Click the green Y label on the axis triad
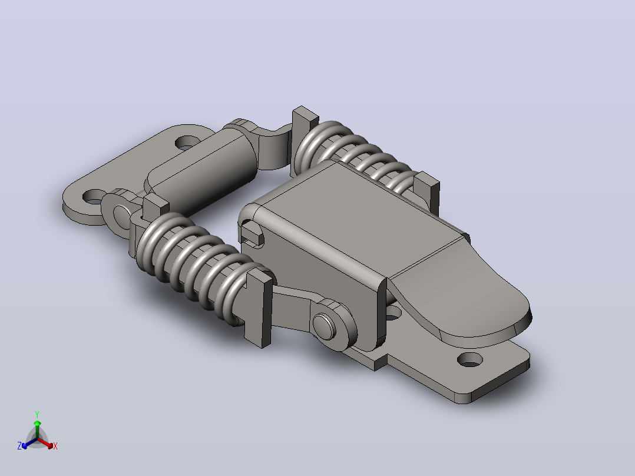(x=37, y=414)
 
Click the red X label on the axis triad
(x=55, y=446)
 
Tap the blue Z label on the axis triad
(x=19, y=445)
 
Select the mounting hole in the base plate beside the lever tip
(x=470, y=359)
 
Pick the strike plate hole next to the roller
(x=187, y=142)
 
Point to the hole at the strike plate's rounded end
(x=94, y=197)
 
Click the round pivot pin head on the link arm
(x=323, y=326)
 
